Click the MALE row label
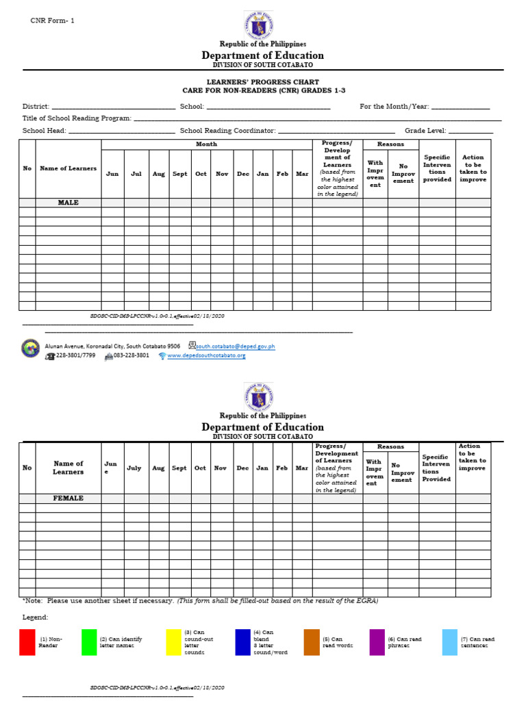(68, 203)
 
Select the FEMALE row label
(68, 498)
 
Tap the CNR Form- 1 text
(52, 21)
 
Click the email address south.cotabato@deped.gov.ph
(236, 347)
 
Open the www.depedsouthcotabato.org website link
(206, 356)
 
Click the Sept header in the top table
(179, 174)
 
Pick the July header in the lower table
(134, 468)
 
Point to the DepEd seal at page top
(258, 25)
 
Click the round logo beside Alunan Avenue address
(31, 348)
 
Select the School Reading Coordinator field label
(227, 130)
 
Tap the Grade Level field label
(425, 130)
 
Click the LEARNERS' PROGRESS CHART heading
(263, 82)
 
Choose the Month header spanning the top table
(206, 144)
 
